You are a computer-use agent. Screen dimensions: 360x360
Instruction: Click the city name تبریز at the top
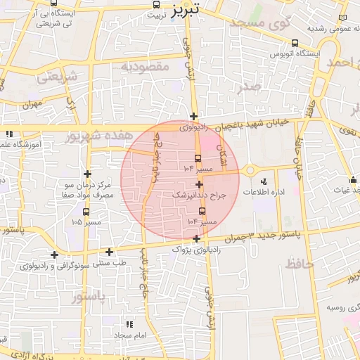tap(186, 9)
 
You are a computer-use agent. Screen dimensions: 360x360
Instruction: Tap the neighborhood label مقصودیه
tap(146, 67)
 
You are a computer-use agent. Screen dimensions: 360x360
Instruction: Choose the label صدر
tap(249, 86)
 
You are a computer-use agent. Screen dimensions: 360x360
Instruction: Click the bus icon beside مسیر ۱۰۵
tap(86, 212)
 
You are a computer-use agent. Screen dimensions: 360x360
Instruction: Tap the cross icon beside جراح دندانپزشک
tap(200, 184)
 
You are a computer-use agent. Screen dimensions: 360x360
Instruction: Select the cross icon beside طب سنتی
tap(109, 252)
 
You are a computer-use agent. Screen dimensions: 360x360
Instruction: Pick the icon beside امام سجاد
tap(129, 324)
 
